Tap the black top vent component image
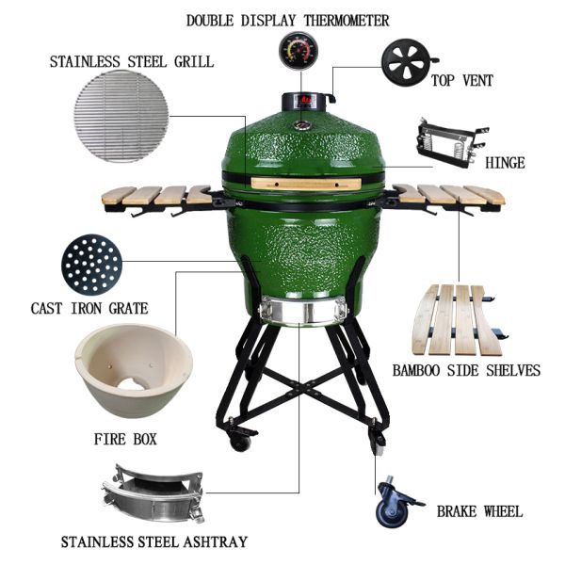pyautogui.click(x=410, y=63)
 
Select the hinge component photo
pyautogui.click(x=450, y=143)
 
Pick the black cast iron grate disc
pyautogui.click(x=90, y=265)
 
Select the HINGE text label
pyautogui.click(x=505, y=163)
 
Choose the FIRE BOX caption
pyautogui.click(x=124, y=439)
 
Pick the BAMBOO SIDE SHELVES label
pyautogui.click(x=466, y=370)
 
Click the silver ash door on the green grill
pyautogui.click(x=298, y=310)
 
